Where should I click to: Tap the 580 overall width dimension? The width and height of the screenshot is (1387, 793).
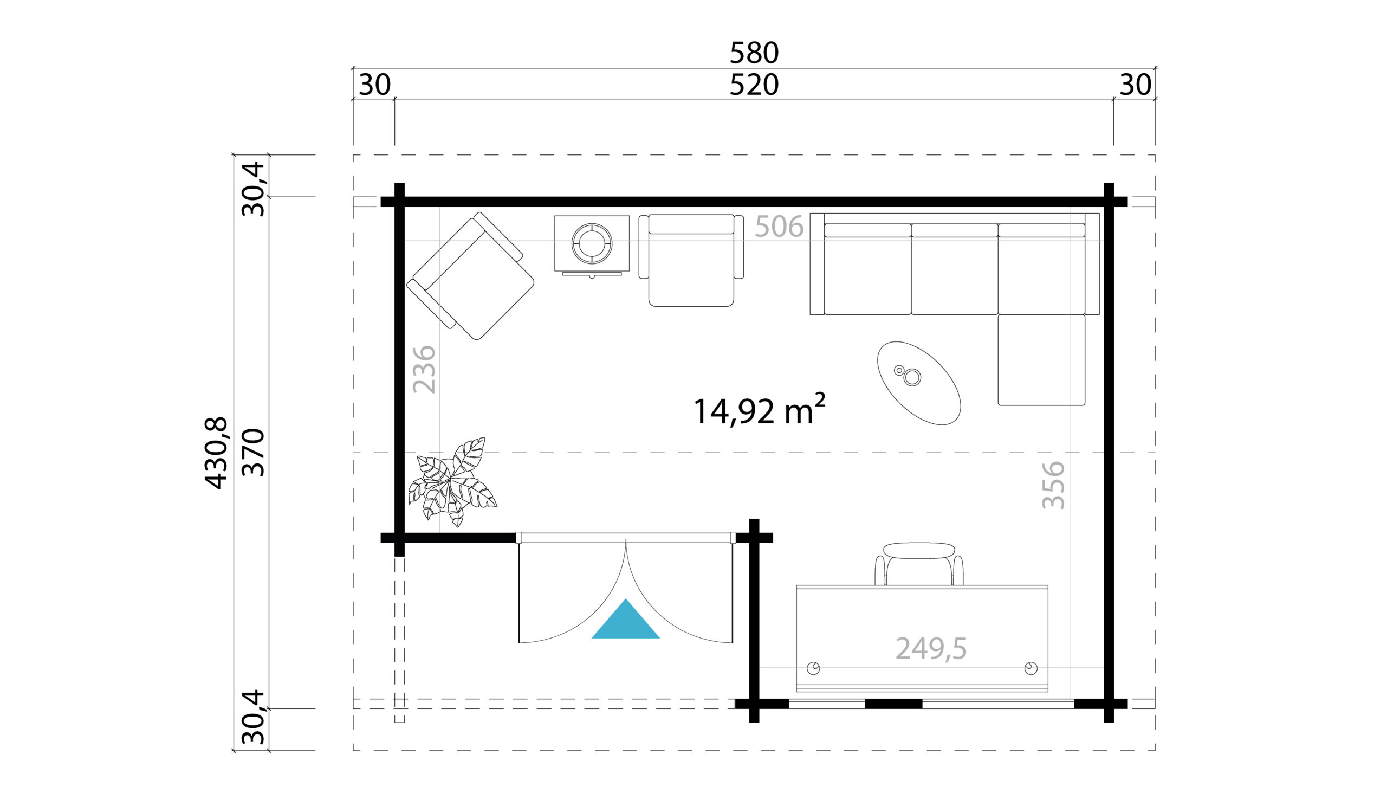[754, 53]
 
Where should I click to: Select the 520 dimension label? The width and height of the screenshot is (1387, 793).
[754, 85]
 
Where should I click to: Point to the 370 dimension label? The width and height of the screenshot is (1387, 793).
[253, 453]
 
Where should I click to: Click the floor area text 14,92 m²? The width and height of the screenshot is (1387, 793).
[760, 410]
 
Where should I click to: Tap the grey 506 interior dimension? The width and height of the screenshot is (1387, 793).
[779, 227]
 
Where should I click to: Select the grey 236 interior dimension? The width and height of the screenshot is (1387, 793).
[425, 369]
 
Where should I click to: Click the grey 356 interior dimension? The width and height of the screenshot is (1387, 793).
[1053, 485]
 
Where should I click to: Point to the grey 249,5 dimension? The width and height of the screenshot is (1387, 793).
[931, 649]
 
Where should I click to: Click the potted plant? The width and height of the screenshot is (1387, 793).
[452, 482]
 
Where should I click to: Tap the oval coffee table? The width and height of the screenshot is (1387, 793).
[919, 383]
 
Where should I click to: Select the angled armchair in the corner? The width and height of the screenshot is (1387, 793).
[470, 276]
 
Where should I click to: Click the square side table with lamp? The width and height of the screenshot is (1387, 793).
[592, 246]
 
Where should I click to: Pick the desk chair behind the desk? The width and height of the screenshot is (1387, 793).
[919, 564]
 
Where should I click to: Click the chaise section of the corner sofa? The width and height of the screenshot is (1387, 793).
[1041, 360]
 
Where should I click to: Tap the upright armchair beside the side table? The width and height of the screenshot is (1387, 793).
[691, 260]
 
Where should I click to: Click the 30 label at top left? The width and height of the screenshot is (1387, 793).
[374, 85]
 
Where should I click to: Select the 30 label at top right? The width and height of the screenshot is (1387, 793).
[1135, 85]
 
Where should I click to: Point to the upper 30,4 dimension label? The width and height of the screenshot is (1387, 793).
[253, 190]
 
